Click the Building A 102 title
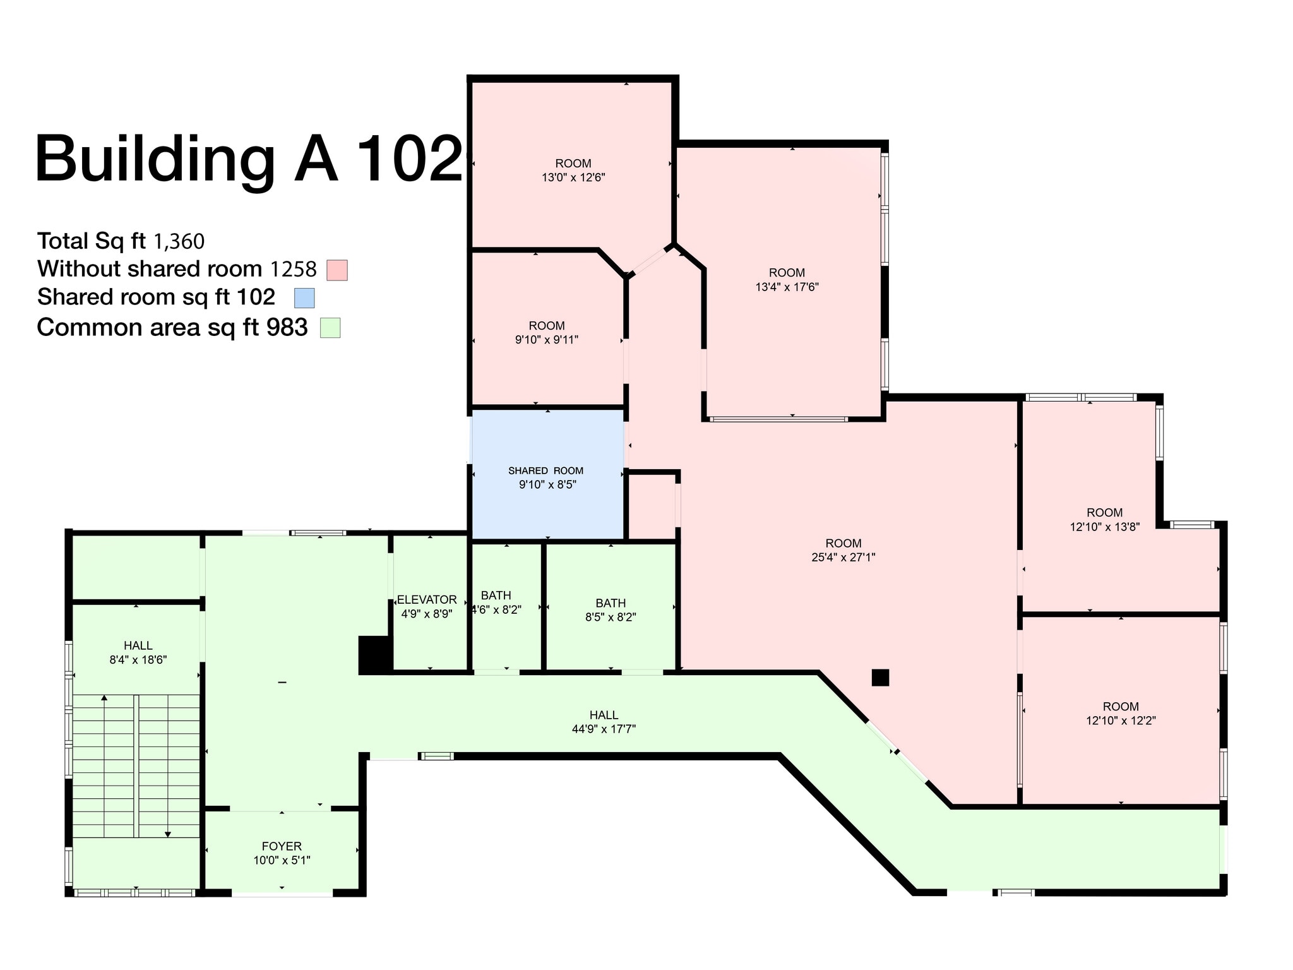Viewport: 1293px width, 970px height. (x=249, y=159)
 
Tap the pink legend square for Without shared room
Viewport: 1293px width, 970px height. (x=337, y=270)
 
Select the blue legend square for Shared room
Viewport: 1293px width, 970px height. (x=304, y=298)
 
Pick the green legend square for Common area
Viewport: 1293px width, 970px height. (x=330, y=328)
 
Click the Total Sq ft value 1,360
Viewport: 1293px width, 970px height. (x=179, y=242)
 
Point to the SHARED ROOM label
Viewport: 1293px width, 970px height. (x=545, y=470)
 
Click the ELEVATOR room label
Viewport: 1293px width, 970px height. (x=427, y=599)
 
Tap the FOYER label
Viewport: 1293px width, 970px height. (x=282, y=846)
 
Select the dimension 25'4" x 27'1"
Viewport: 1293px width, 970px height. (x=843, y=558)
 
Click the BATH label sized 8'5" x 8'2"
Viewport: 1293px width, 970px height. (x=611, y=603)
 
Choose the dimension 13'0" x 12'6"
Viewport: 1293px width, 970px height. (x=573, y=178)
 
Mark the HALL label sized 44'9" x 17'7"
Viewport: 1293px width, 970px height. (x=604, y=715)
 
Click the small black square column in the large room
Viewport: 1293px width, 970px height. (x=880, y=678)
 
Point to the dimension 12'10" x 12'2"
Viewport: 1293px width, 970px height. (x=1121, y=721)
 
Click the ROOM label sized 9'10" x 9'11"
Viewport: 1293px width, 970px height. (x=547, y=326)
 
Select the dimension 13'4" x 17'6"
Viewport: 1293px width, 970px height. (x=787, y=287)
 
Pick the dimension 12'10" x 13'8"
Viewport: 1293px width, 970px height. (x=1104, y=527)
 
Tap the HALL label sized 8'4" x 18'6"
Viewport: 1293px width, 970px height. (x=138, y=645)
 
